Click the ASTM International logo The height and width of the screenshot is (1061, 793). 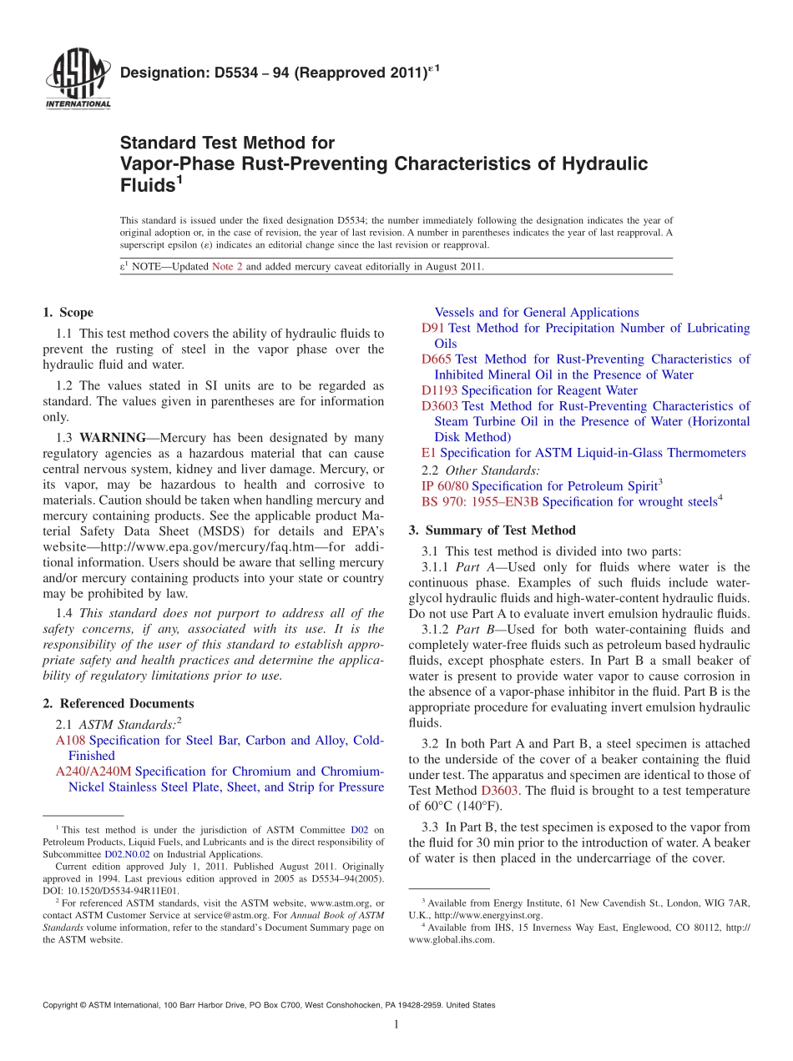pyautogui.click(x=77, y=80)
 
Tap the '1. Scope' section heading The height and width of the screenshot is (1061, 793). pyautogui.click(x=68, y=313)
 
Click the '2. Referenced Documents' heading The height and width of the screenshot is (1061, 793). pyautogui.click(x=118, y=704)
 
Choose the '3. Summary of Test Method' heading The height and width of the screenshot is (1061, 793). pyautogui.click(x=492, y=530)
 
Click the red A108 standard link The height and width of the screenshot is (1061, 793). pyautogui.click(x=70, y=741)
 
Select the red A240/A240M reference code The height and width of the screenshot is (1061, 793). pyautogui.click(x=93, y=772)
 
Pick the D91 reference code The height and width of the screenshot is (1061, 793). pyautogui.click(x=433, y=329)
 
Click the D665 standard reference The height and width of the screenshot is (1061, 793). pyautogui.click(x=437, y=360)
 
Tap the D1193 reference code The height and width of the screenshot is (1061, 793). pyautogui.click(x=439, y=390)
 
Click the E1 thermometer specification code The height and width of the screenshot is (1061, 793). pyautogui.click(x=429, y=453)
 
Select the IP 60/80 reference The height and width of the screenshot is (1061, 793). pyautogui.click(x=445, y=486)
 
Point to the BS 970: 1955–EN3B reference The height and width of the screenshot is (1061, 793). pyautogui.click(x=480, y=502)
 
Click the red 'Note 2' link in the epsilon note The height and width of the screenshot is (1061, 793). pyautogui.click(x=227, y=267)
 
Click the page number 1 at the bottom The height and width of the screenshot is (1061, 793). pyautogui.click(x=396, y=1025)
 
